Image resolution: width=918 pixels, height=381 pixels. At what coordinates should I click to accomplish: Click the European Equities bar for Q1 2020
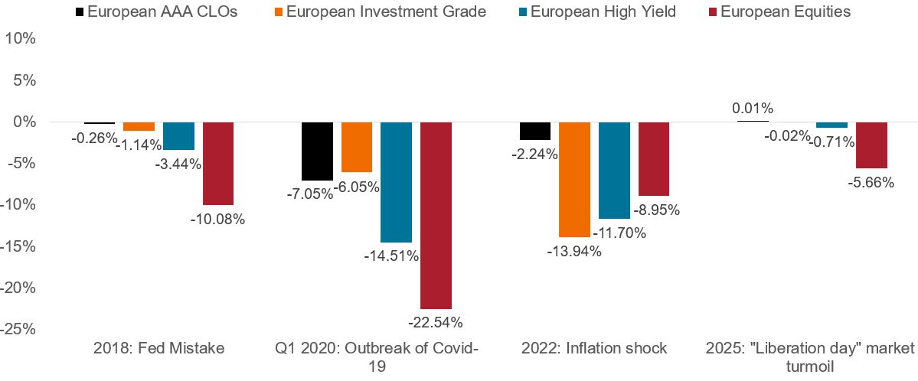click(x=436, y=215)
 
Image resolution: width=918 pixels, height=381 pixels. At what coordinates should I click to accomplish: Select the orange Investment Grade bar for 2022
click(x=574, y=179)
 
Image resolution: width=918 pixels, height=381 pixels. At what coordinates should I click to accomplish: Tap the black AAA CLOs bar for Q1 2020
click(x=317, y=151)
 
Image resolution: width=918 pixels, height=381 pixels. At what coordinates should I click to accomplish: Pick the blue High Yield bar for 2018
click(x=178, y=135)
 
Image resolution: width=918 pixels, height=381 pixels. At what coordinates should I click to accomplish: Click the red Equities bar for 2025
click(x=871, y=145)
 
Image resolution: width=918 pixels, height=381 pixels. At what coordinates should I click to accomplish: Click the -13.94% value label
click(x=574, y=250)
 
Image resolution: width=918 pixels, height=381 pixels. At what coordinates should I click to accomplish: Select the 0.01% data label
click(x=753, y=108)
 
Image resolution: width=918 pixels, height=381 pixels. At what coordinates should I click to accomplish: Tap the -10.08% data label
click(x=218, y=219)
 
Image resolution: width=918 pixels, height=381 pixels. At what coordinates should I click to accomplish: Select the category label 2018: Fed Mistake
click(x=158, y=348)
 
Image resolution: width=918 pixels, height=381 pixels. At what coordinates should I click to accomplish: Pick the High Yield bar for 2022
click(x=614, y=170)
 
